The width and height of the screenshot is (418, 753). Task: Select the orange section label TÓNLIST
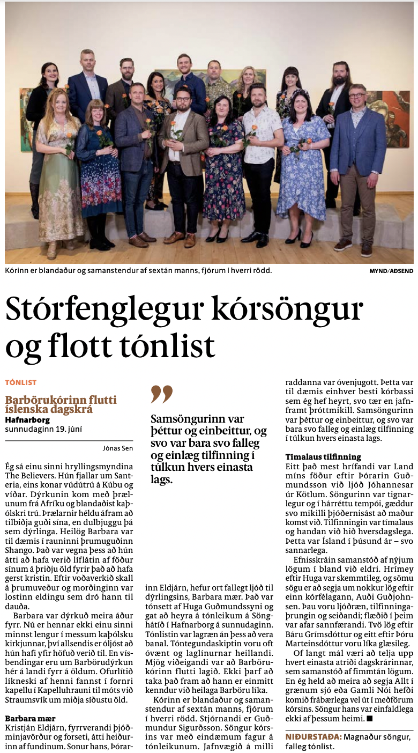coord(21,382)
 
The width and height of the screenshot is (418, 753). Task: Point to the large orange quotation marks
coord(161,394)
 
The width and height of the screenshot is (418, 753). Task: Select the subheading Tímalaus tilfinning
coord(323,457)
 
